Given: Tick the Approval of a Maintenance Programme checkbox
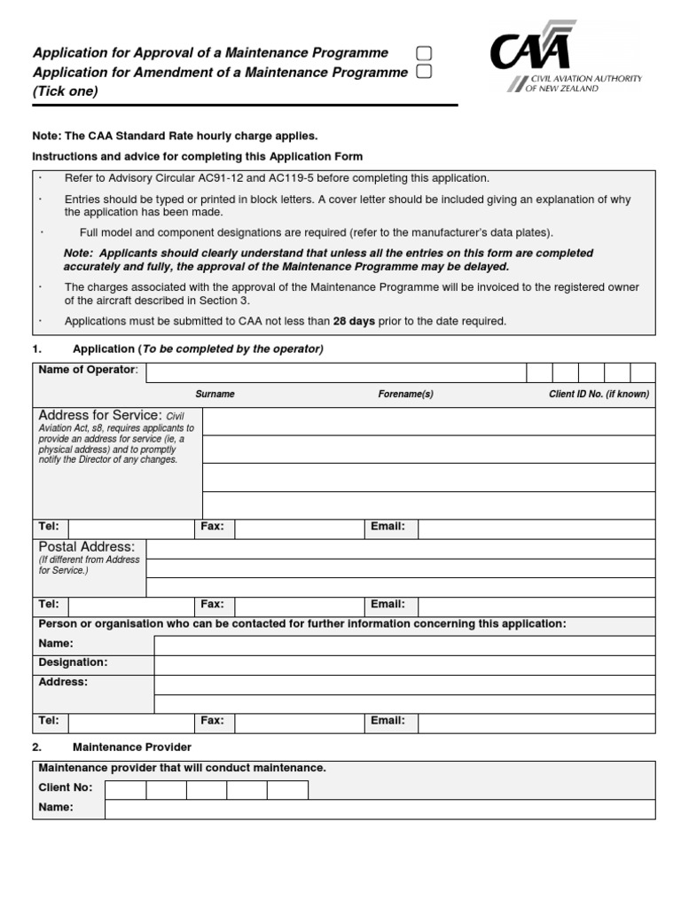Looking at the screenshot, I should [424, 54].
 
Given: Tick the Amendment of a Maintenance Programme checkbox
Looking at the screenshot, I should [424, 72].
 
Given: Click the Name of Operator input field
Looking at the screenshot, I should [335, 372].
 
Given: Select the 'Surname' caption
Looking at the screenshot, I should [215, 394].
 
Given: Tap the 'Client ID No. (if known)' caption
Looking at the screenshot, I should [599, 394].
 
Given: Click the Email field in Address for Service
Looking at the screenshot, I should [536, 528].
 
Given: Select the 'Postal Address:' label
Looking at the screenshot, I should [87, 547].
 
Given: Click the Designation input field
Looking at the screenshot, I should [404, 664].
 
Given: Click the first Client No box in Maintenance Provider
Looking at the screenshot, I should [125, 789].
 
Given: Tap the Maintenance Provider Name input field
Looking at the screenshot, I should [380, 809].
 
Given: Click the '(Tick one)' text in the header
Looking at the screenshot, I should [66, 91].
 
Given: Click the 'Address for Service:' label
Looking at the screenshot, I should [99, 415].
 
